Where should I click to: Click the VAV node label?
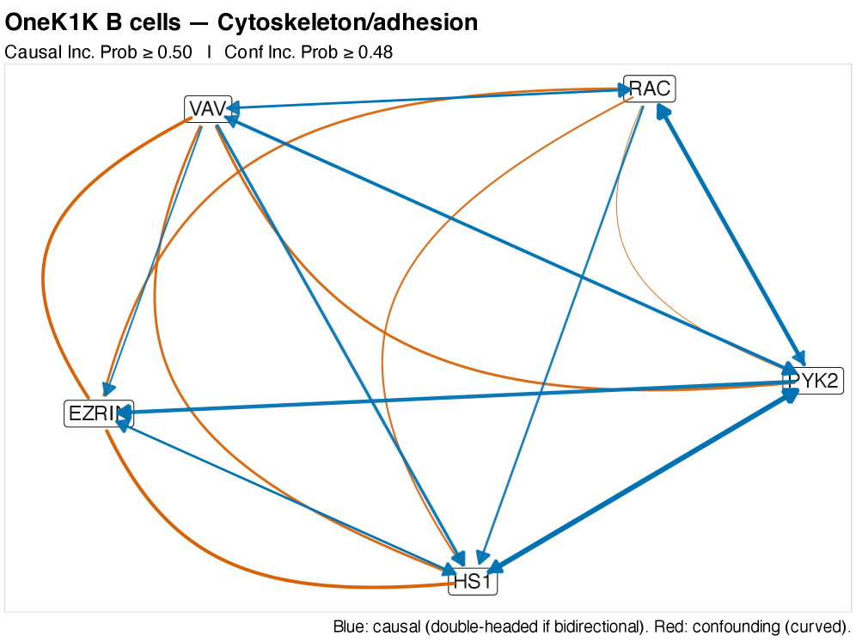tap(207, 109)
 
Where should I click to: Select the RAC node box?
tap(650, 89)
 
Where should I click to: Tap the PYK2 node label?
tap(815, 380)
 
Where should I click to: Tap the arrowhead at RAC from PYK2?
tap(662, 109)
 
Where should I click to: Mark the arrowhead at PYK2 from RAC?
tap(799, 358)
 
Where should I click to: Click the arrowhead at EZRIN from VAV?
tap(109, 392)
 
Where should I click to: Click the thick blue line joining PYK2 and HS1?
tap(645, 481)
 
